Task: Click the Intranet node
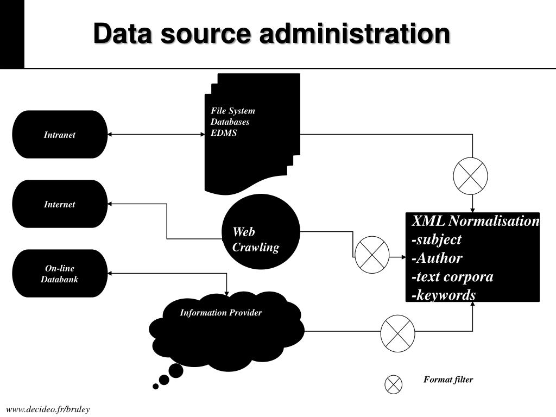[60, 135]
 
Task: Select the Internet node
[60, 204]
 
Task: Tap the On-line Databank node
[60, 274]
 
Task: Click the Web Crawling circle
[261, 231]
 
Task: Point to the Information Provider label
[221, 312]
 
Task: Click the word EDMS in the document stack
[223, 133]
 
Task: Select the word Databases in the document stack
[230, 122]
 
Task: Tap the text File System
[232, 111]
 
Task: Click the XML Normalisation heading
[476, 220]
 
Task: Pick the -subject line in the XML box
[437, 239]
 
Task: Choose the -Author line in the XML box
[437, 258]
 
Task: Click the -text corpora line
[452, 276]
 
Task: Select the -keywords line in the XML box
[444, 295]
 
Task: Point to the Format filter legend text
[448, 380]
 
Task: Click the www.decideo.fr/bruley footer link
[48, 409]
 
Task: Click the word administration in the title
[355, 33]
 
